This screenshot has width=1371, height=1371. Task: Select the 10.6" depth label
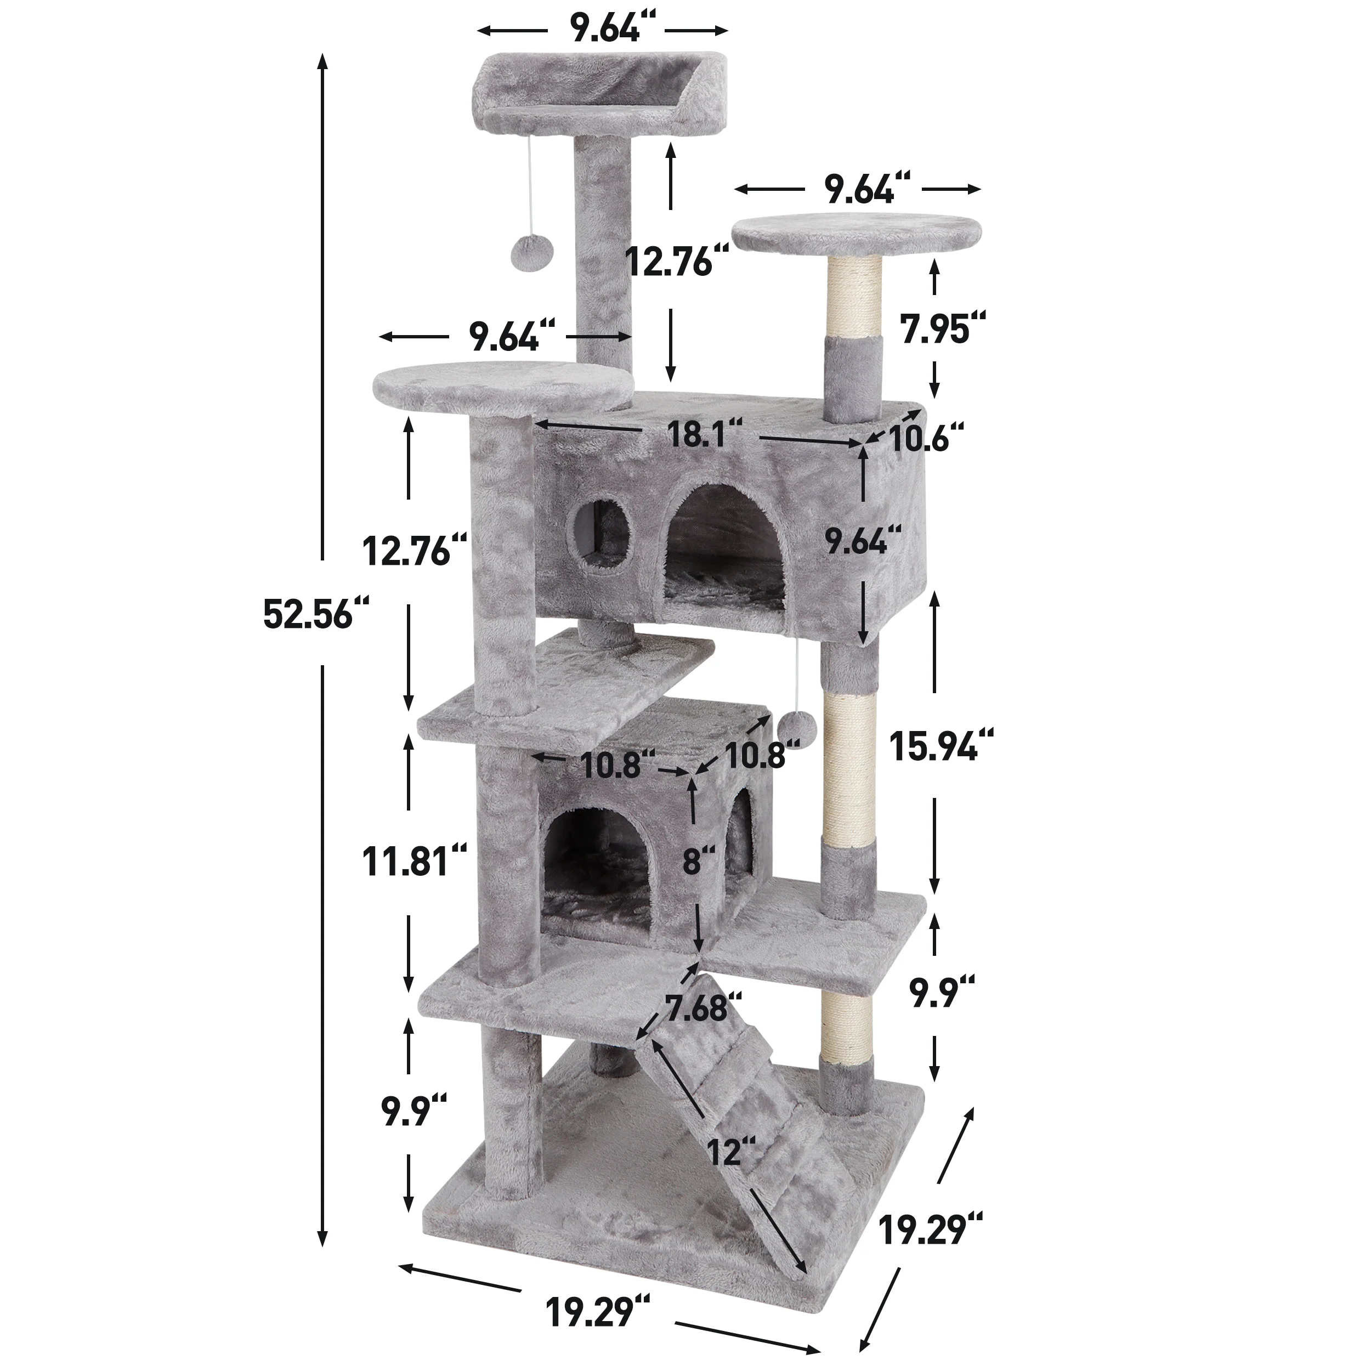pyautogui.click(x=926, y=439)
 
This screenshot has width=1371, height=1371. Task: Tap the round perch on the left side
pyautogui.click(x=501, y=389)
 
